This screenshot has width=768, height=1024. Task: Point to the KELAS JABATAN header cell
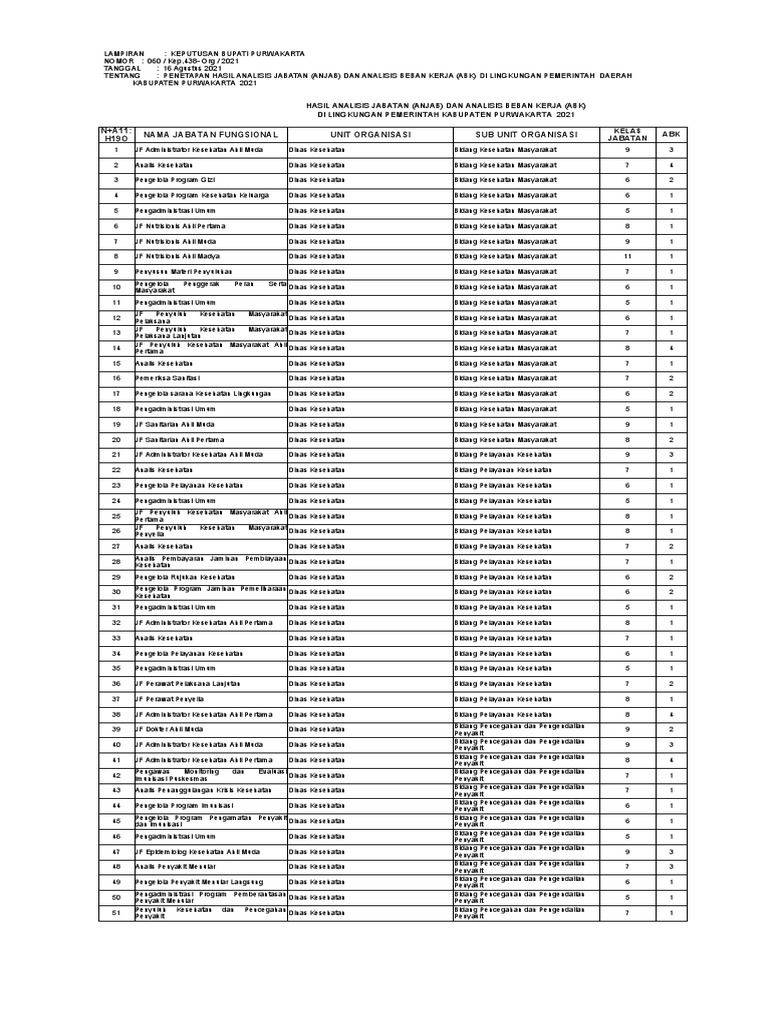(627, 134)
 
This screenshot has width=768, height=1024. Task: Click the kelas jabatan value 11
(627, 256)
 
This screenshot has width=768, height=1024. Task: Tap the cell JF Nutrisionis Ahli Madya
(181, 256)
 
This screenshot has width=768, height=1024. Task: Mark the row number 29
(116, 577)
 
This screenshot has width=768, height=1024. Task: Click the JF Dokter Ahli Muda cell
(173, 729)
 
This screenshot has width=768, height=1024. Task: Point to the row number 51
(116, 912)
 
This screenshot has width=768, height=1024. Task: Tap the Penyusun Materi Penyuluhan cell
(184, 271)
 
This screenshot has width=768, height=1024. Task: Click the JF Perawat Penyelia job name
(176, 699)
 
